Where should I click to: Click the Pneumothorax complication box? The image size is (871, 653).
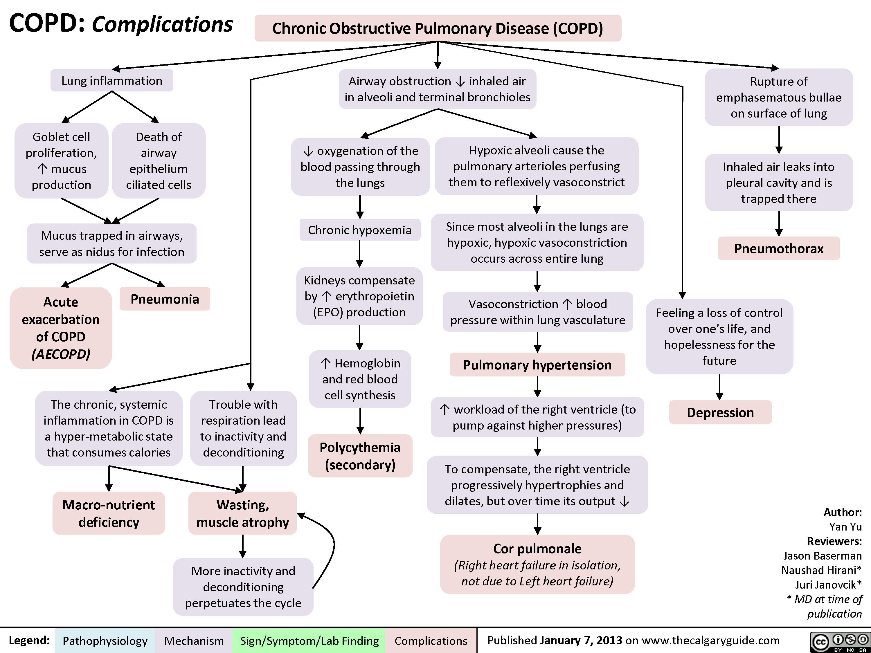(778, 249)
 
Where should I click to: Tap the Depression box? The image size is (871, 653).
(720, 412)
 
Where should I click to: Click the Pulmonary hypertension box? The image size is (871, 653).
(537, 365)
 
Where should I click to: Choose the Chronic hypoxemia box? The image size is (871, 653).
(359, 230)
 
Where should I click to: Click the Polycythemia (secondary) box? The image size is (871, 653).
(360, 456)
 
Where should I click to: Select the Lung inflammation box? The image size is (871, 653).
(112, 81)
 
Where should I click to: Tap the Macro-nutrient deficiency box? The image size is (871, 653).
(109, 513)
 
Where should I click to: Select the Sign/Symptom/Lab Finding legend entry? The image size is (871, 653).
(309, 641)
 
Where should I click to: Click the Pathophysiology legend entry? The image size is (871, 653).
(105, 641)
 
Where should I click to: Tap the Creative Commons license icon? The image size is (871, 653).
(840, 642)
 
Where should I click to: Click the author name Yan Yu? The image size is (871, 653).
(845, 527)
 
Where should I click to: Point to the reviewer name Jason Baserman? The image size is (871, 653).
(822, 556)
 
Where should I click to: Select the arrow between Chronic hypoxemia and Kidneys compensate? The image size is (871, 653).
(359, 254)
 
